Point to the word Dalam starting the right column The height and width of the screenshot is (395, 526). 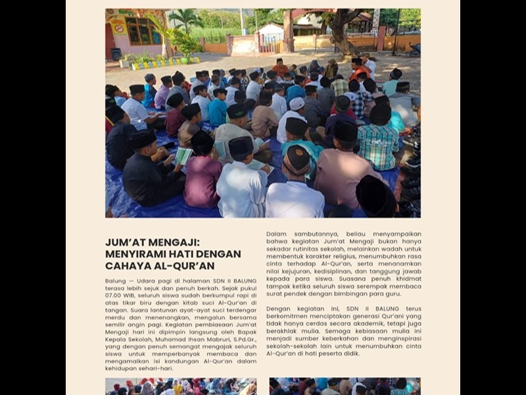click(x=277, y=233)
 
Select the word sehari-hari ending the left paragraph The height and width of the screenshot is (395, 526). click(x=156, y=369)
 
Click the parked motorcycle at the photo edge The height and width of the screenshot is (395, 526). click(x=414, y=49)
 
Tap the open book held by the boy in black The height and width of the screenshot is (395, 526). click(x=183, y=156)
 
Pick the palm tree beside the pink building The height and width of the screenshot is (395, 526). click(x=187, y=21)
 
